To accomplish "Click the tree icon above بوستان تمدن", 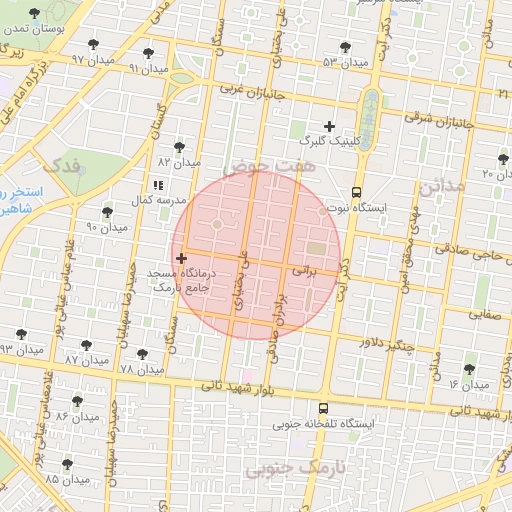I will point(35,14).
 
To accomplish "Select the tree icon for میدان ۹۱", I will point(148,53).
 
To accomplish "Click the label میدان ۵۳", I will point(346,63).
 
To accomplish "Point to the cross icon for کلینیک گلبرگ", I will point(329,126).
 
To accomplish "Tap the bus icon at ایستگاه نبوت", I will point(356,193).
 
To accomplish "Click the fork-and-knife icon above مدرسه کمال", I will point(157,185).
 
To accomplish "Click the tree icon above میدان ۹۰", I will point(107,211).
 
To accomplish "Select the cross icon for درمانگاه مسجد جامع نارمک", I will point(180,258).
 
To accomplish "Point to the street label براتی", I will point(303,270).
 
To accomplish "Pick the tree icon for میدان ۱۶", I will point(468,369).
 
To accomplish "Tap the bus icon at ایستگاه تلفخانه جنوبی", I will point(323,408).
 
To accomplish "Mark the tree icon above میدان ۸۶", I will point(77,401).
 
